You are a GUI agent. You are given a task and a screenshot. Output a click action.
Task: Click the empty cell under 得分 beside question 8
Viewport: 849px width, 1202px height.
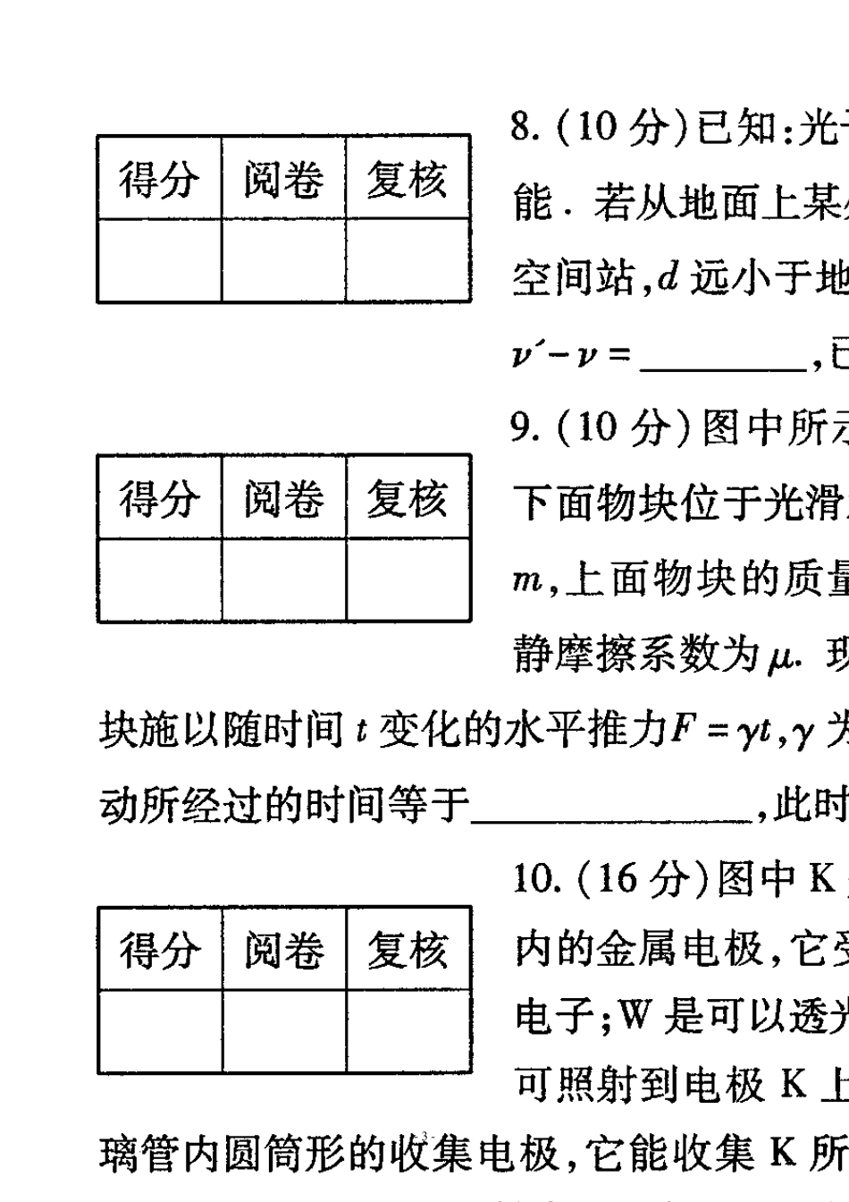[x=159, y=259]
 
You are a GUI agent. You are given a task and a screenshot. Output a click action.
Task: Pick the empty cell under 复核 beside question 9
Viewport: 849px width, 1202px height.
[x=408, y=580]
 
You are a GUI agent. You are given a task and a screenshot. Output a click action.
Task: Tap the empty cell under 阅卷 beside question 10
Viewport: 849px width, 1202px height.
[x=283, y=1030]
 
